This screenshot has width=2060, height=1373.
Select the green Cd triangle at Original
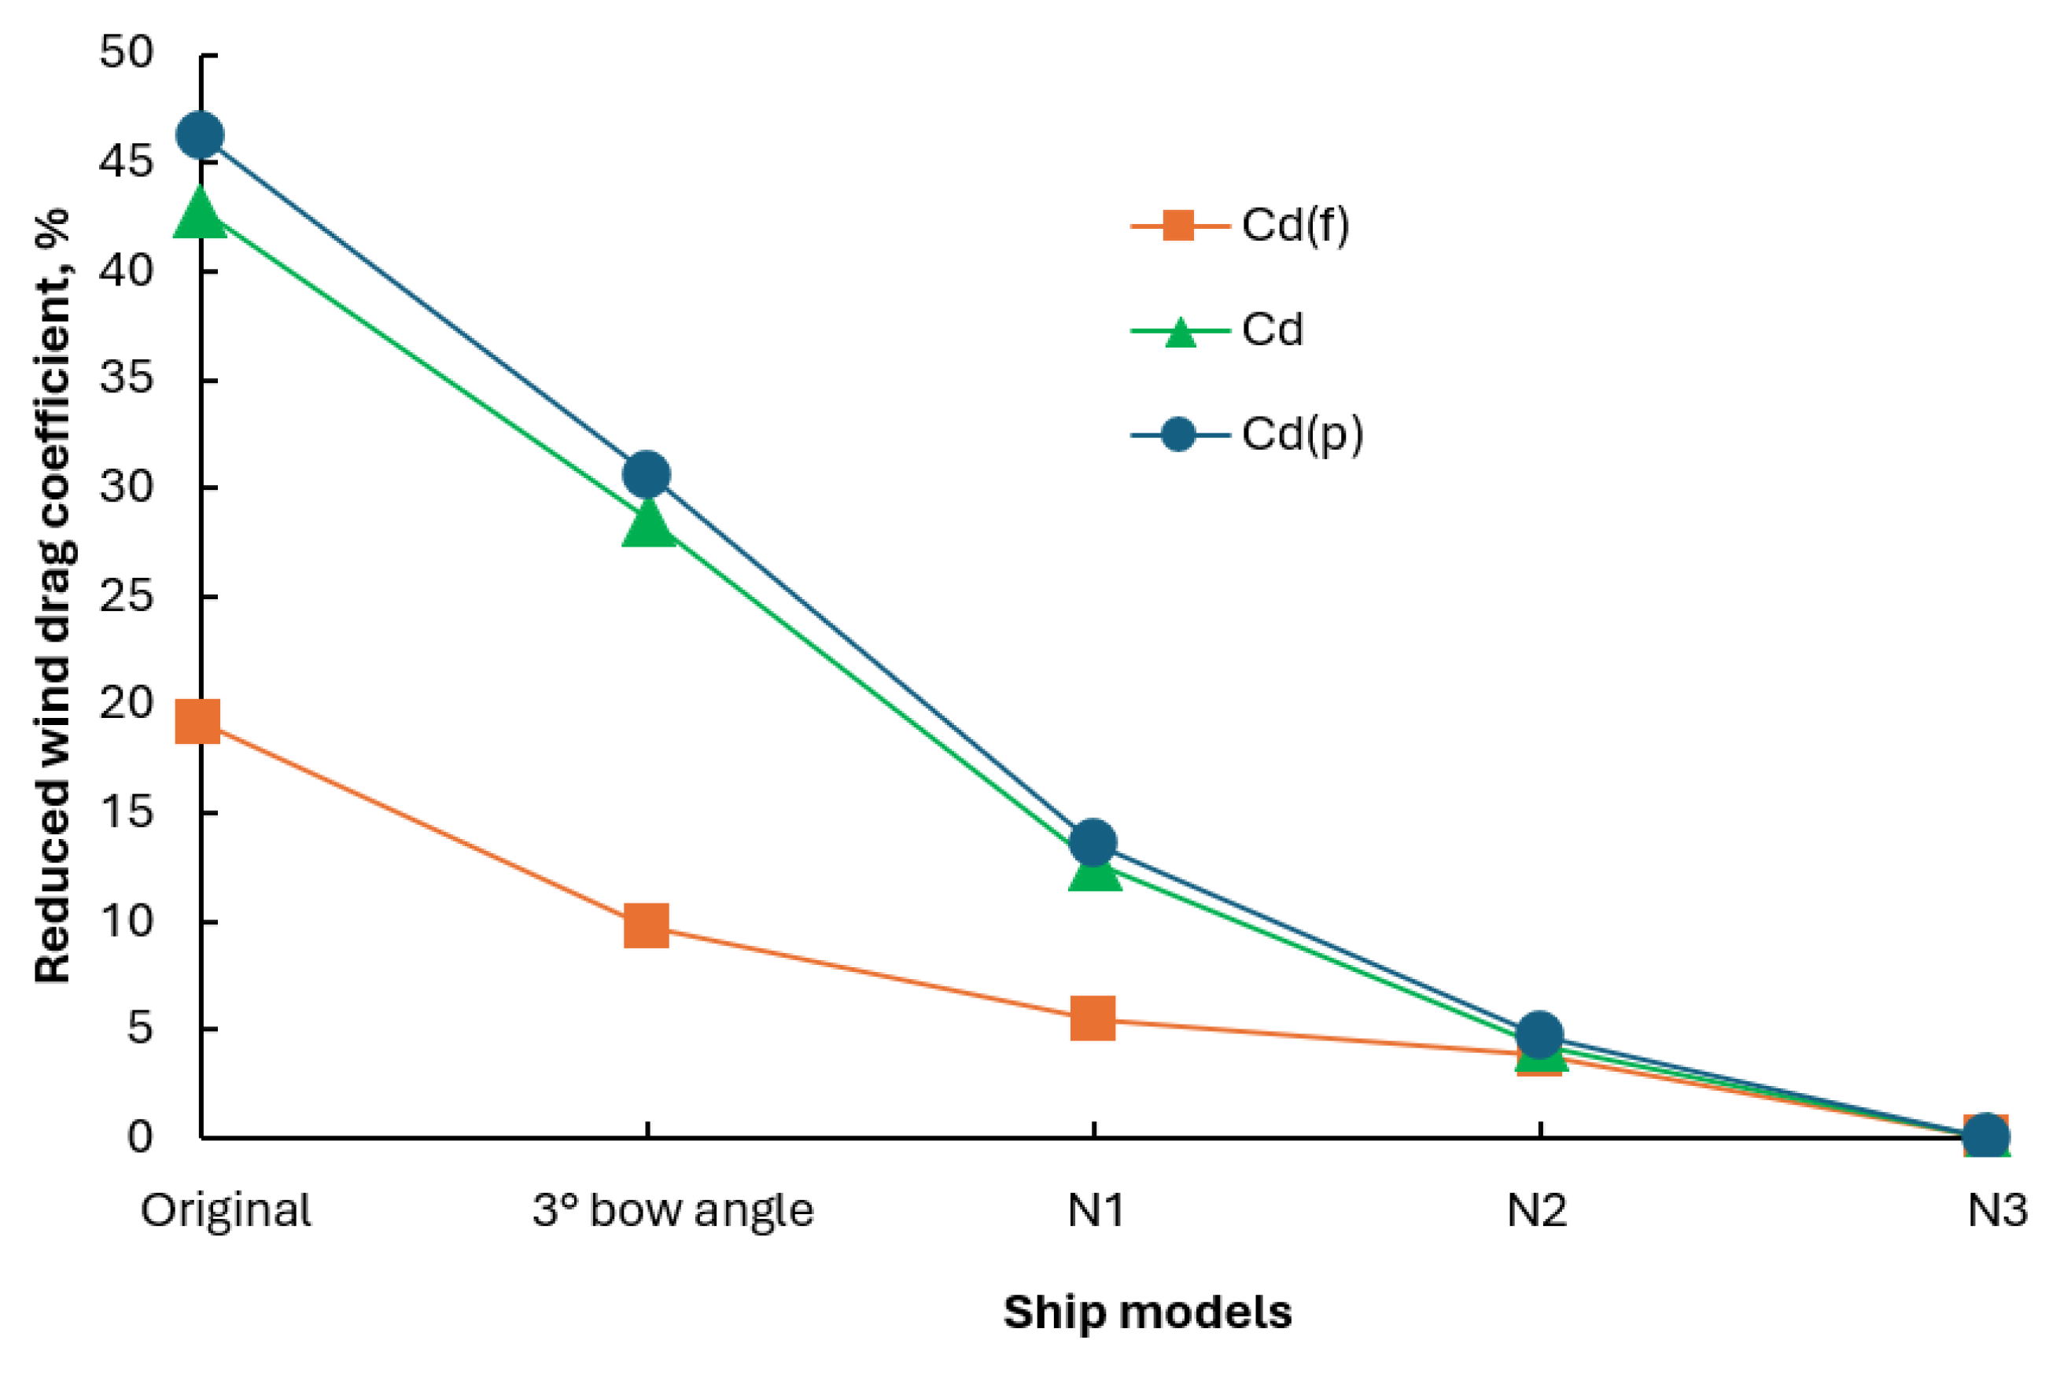pyautogui.click(x=201, y=214)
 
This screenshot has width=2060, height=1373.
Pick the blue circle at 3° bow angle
pyautogui.click(x=647, y=475)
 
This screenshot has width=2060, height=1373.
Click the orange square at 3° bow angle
pyautogui.click(x=647, y=926)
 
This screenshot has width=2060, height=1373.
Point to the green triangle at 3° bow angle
pyautogui.click(x=648, y=524)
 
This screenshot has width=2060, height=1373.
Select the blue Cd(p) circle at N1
pyautogui.click(x=1093, y=842)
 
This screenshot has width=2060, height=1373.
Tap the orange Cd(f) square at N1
pyautogui.click(x=1093, y=1018)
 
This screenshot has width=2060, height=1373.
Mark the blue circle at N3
pyautogui.click(x=1986, y=1136)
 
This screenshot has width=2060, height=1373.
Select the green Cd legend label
pyautogui.click(x=1272, y=330)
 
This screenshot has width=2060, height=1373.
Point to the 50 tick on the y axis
pyautogui.click(x=126, y=53)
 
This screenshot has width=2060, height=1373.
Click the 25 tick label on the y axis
pyautogui.click(x=126, y=596)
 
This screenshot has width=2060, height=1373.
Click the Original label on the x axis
pyautogui.click(x=226, y=1211)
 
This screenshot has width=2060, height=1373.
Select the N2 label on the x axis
pyautogui.click(x=1536, y=1211)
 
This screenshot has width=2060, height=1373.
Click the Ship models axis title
pyautogui.click(x=1148, y=1312)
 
